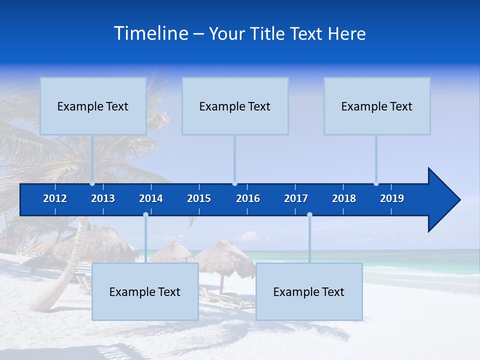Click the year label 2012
(x=55, y=198)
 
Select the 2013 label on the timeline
(x=103, y=198)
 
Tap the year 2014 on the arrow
(x=151, y=198)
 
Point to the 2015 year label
(x=199, y=198)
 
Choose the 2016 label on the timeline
(x=248, y=198)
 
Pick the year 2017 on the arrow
(x=296, y=198)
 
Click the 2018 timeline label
(x=344, y=198)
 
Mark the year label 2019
(x=392, y=198)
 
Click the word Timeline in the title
(x=150, y=33)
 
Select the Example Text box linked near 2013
(x=93, y=106)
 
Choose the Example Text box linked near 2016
(x=235, y=106)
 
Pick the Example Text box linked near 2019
(x=377, y=106)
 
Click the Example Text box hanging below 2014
(x=145, y=291)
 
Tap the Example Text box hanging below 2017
(x=309, y=291)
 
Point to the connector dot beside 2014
(x=145, y=215)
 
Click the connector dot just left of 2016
(x=234, y=183)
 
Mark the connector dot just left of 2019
(x=376, y=183)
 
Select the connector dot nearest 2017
(x=309, y=215)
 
